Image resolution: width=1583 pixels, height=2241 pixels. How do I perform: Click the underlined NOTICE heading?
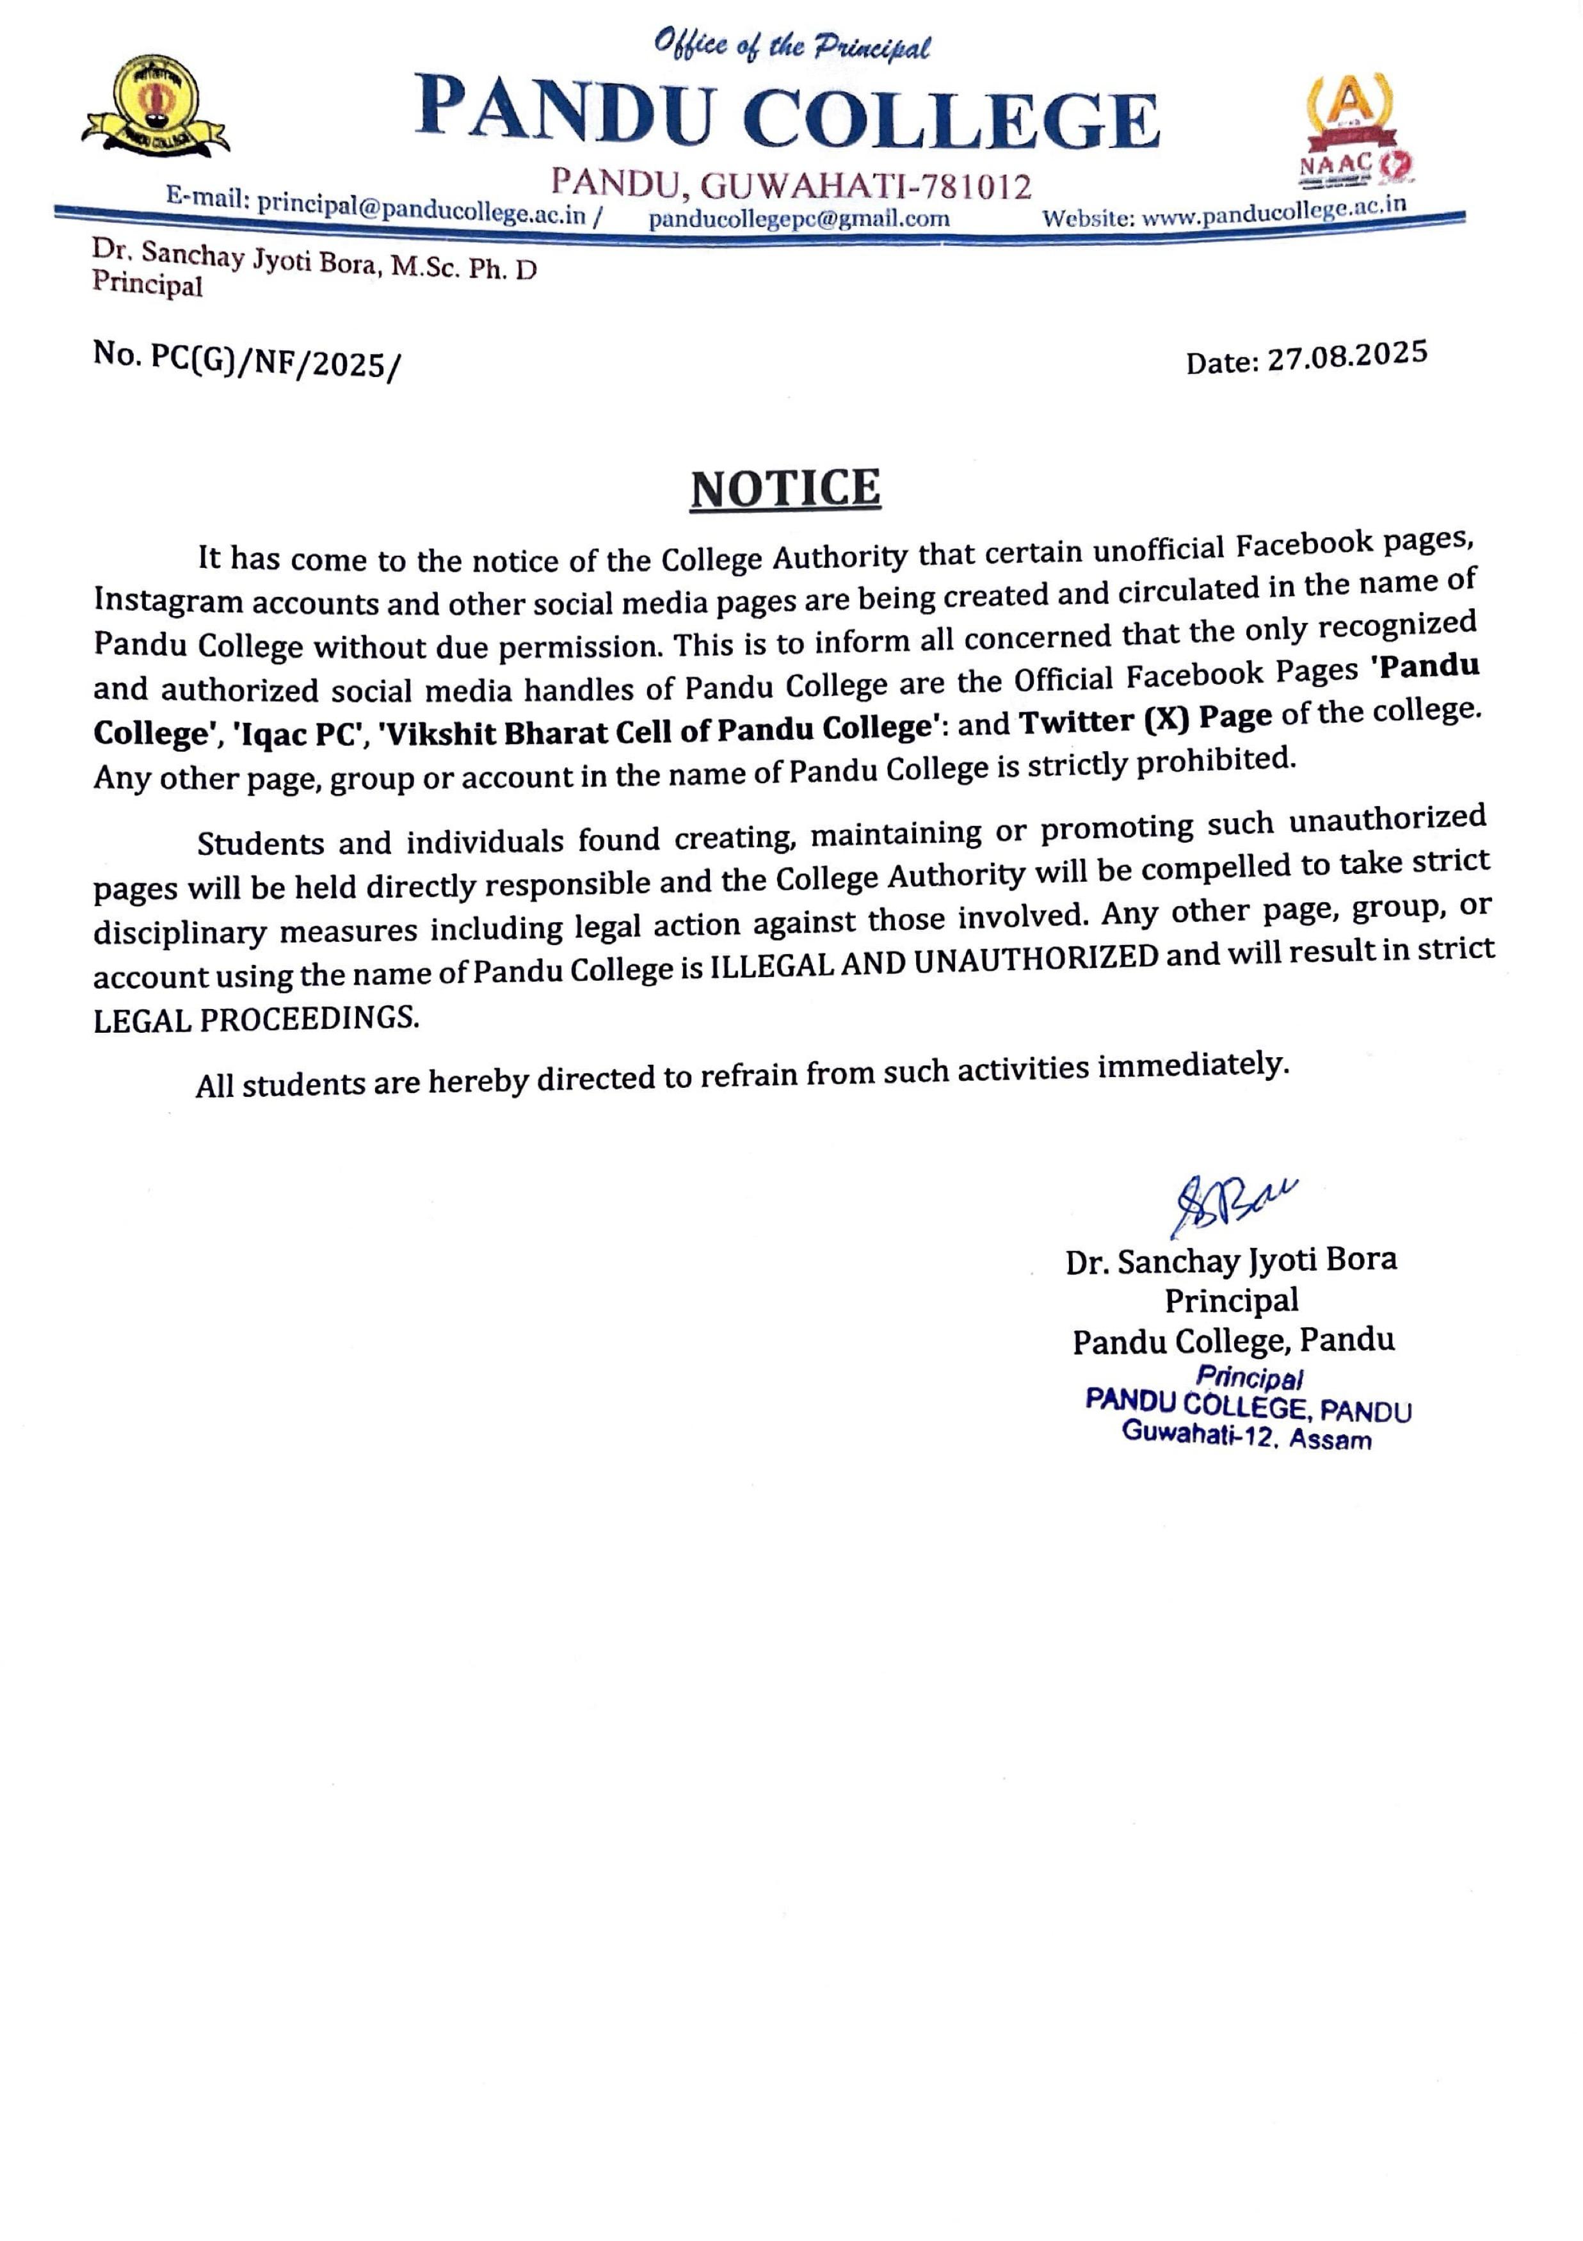pos(785,488)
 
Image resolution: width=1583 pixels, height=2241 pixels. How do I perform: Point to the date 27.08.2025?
pos(1347,356)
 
